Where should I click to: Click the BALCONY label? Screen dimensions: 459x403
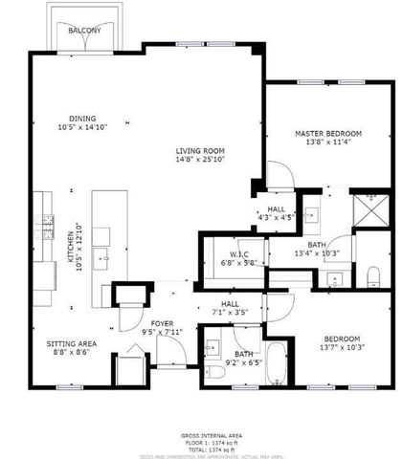coord(84,31)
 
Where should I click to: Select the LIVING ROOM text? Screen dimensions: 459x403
coord(199,150)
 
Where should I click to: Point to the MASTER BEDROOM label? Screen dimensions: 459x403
coord(327,132)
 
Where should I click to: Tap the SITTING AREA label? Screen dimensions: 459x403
coord(72,342)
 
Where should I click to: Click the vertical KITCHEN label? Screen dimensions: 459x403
coord(70,248)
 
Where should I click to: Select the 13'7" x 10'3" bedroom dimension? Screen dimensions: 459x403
coord(341,349)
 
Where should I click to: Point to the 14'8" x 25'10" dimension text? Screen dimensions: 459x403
coord(199,160)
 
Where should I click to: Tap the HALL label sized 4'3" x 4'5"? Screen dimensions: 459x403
coord(276,208)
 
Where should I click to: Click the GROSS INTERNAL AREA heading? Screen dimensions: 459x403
coord(202,436)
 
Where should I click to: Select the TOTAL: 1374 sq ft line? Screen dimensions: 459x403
coord(202,448)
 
